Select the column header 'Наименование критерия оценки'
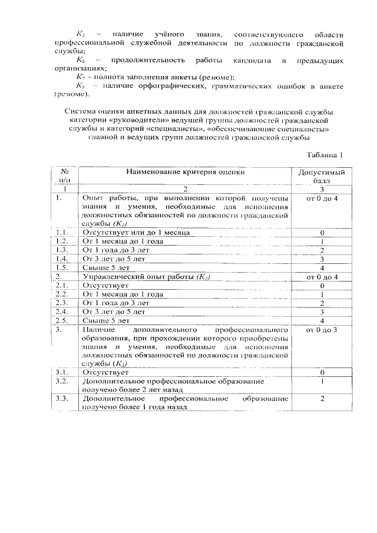coord(185,173)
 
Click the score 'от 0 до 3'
coord(322,330)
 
